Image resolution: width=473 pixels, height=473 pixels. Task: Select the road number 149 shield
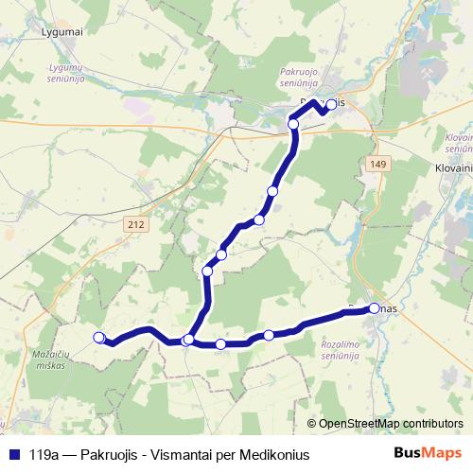(377, 165)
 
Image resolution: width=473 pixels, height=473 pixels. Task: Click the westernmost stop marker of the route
(98, 337)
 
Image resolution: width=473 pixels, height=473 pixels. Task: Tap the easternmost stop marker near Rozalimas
(375, 308)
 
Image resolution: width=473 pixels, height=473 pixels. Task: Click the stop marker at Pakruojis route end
(331, 106)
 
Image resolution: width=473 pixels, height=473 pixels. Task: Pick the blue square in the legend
(11, 454)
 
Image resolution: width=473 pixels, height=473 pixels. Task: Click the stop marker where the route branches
(188, 339)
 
